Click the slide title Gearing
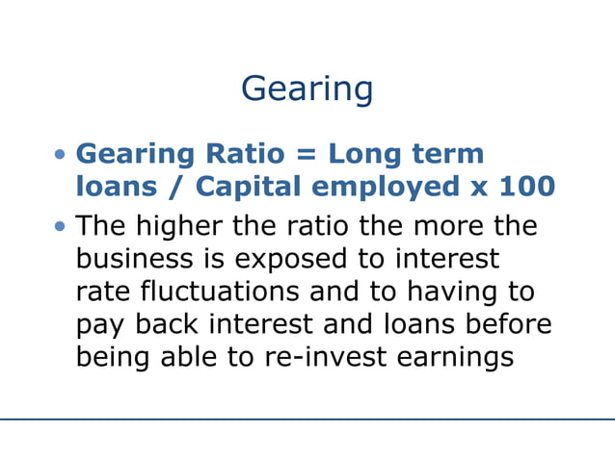(307, 89)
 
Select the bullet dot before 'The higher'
(62, 228)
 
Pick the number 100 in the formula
(525, 186)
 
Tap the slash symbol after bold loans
(159, 187)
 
